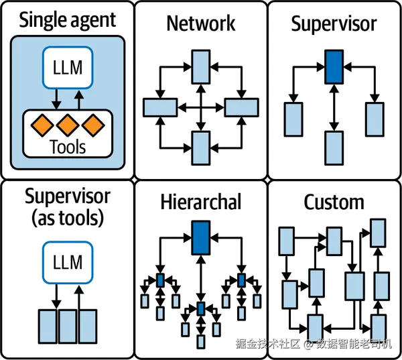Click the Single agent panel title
[x=68, y=21]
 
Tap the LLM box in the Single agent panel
[x=68, y=68]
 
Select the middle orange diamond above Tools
[x=68, y=125]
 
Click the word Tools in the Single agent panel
[x=68, y=147]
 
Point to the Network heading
[x=201, y=23]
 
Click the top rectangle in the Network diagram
[x=201, y=67]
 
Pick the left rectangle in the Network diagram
[x=160, y=107]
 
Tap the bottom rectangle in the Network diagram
[x=201, y=147]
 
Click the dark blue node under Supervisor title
[x=334, y=67]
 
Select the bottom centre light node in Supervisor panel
[x=334, y=147]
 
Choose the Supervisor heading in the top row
[x=334, y=24]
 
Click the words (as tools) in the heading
[x=68, y=219]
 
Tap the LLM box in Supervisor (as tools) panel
[x=68, y=263]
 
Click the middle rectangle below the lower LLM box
[x=68, y=326]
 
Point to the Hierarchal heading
[x=201, y=202]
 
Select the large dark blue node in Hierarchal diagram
[x=201, y=237]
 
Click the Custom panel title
[x=334, y=202]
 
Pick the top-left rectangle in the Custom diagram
[x=286, y=241]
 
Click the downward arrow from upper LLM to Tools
[x=56, y=99]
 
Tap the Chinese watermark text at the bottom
[x=314, y=344]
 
